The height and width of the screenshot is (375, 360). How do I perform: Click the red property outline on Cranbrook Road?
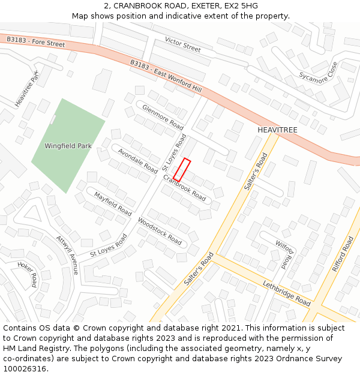(182, 170)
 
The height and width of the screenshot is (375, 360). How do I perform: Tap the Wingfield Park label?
(68, 146)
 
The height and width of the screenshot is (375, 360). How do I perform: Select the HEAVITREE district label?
(277, 130)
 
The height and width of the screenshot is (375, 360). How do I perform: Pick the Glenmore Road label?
(163, 117)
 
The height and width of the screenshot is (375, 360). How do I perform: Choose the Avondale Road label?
(137, 161)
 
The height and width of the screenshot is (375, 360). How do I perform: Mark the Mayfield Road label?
(112, 204)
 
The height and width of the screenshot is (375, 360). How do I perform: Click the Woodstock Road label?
(160, 231)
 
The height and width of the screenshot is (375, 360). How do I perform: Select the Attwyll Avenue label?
(67, 255)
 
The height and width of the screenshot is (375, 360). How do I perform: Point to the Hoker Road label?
(28, 274)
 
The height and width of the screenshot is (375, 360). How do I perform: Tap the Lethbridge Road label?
(286, 293)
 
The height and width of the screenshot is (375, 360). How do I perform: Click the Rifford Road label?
(343, 254)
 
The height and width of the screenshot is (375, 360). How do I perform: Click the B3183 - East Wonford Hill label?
(166, 76)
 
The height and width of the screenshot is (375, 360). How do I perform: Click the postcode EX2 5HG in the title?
(241, 5)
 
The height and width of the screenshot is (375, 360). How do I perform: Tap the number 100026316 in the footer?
(25, 368)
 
